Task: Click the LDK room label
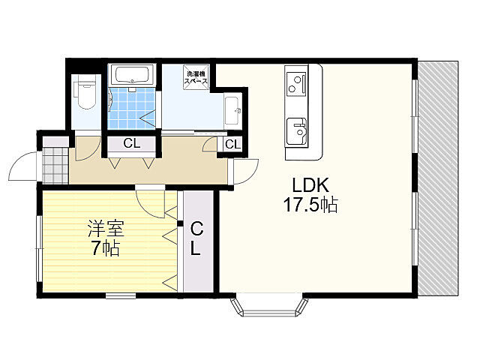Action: (310, 185)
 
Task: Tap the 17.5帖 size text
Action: (310, 205)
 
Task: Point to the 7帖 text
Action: (106, 248)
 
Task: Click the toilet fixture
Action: (87, 93)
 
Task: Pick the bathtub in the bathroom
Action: (132, 74)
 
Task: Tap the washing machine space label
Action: (196, 77)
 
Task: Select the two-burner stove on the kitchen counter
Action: (296, 83)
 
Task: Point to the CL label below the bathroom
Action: (132, 143)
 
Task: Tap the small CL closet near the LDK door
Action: (233, 144)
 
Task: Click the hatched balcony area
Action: (438, 178)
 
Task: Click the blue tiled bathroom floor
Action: (132, 108)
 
